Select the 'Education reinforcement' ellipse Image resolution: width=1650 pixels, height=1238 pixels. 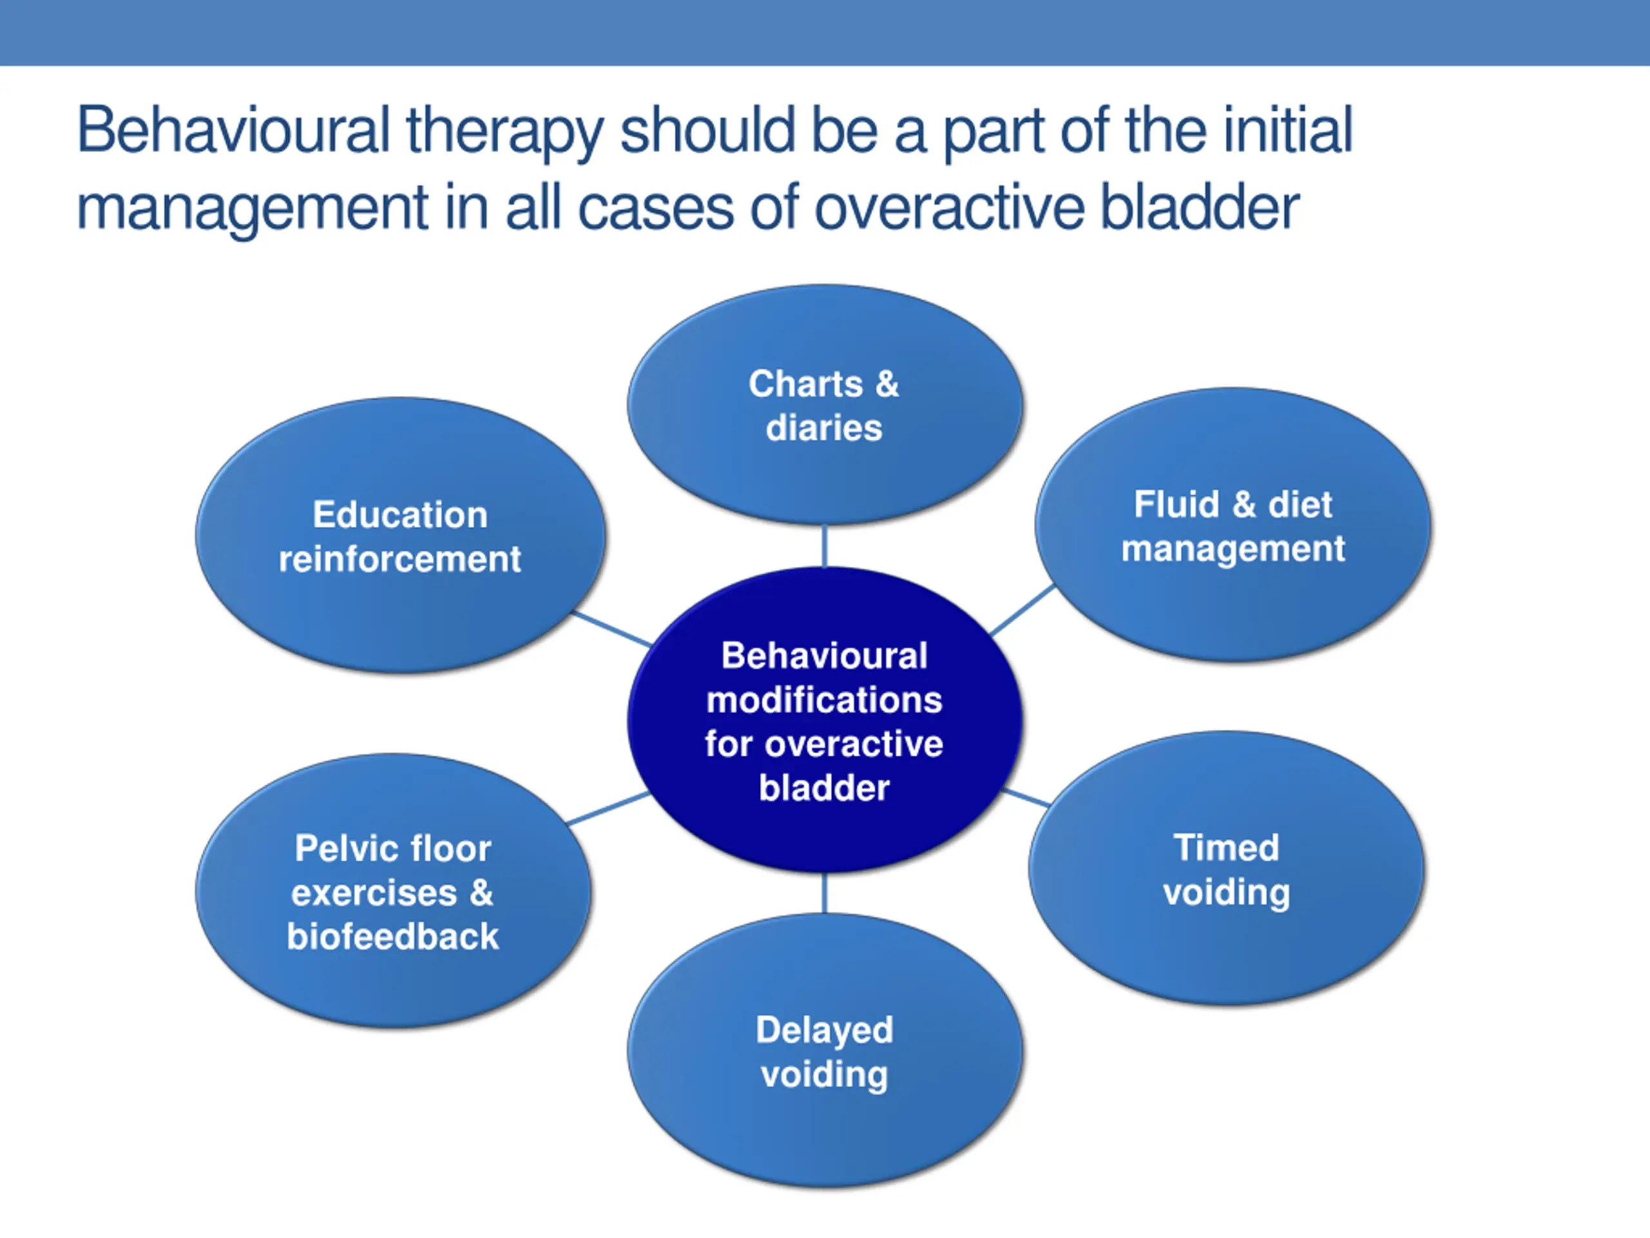400,535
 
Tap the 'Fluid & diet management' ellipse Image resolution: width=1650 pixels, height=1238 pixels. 1233,525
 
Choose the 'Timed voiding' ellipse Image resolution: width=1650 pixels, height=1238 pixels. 1227,868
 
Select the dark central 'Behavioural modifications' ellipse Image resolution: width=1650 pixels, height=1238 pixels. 824,720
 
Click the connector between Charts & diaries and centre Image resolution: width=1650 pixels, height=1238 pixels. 824,545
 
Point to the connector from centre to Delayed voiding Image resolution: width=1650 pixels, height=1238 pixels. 824,892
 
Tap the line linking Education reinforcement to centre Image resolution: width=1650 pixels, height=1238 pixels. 612,629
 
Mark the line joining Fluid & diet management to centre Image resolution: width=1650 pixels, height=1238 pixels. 1022,610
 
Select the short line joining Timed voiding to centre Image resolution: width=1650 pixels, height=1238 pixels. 1025,797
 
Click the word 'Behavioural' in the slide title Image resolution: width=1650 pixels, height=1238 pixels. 233,130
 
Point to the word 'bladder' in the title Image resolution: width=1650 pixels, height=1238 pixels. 1200,207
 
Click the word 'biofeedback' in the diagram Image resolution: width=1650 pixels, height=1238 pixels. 393,936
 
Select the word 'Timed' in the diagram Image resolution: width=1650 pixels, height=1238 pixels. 1227,847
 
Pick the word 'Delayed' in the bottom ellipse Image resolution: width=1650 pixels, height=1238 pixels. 824,1030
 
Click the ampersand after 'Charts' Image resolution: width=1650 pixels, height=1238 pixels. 887,384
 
